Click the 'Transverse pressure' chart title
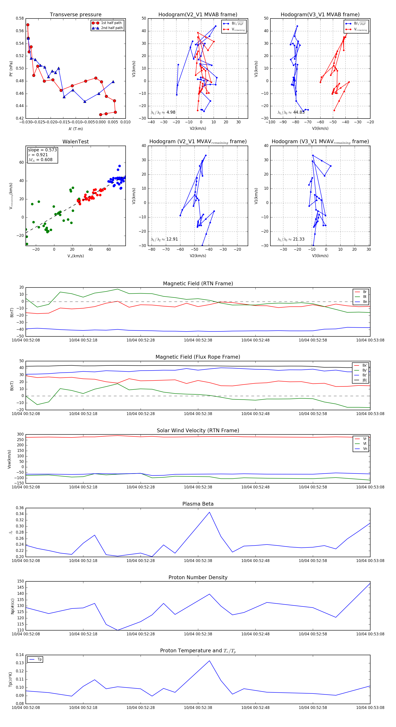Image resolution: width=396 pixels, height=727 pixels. click(75, 15)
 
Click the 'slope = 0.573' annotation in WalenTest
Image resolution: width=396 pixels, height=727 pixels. click(42, 150)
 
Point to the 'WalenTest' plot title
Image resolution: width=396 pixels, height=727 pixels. click(75, 142)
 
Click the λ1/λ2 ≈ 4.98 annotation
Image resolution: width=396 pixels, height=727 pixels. click(163, 112)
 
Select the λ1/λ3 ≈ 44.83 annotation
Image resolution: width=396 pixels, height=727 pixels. click(291, 112)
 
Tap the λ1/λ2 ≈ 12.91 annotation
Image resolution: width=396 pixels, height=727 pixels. click(164, 239)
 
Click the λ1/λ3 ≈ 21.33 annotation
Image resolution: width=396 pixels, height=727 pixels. click(291, 239)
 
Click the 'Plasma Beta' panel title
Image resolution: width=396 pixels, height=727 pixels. click(198, 504)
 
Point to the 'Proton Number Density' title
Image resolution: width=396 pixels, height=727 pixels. click(198, 577)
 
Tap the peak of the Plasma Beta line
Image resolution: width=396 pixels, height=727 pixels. click(209, 512)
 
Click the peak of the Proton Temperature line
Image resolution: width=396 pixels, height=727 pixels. click(209, 661)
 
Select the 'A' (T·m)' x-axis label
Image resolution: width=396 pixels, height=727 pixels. click(75, 129)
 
